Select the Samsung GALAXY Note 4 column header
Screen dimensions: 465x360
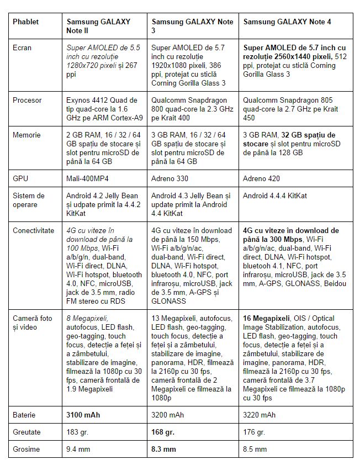pyautogui.click(x=287, y=22)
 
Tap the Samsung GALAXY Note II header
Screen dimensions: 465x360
pyautogui.click(x=98, y=27)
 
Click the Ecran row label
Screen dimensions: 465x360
pyautogui.click(x=22, y=48)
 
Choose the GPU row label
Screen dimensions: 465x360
pyautogui.click(x=20, y=178)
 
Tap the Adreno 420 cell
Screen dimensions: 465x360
pyautogui.click(x=262, y=178)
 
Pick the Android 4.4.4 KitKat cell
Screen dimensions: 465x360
pyautogui.click(x=275, y=196)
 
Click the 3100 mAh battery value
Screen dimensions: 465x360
pyautogui.click(x=83, y=415)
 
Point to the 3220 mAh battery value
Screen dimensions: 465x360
pyautogui.click(x=259, y=415)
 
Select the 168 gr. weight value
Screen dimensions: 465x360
pyautogui.click(x=164, y=432)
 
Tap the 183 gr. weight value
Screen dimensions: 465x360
pyautogui.click(x=77, y=432)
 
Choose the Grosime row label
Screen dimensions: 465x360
pyautogui.click(x=26, y=449)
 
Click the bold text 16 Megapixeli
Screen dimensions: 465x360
pyautogui.click(x=267, y=319)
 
